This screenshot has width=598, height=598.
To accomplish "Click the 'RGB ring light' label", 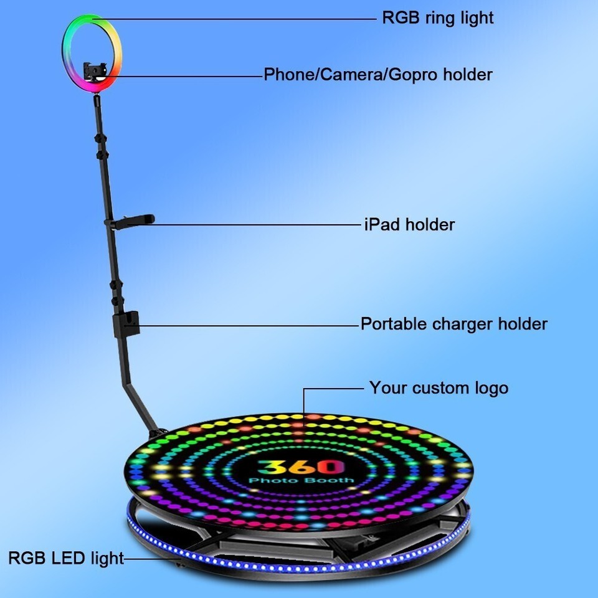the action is tap(438, 18).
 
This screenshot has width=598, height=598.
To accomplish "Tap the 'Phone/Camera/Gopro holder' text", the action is tap(378, 74).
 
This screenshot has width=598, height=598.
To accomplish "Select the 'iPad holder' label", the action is tap(409, 225).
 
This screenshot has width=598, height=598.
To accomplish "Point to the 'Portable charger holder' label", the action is tap(454, 324).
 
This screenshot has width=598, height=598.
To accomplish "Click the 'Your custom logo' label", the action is tap(439, 388).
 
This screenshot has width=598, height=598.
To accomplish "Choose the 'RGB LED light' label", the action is tap(66, 558).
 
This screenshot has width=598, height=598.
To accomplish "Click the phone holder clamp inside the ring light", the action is tap(95, 71).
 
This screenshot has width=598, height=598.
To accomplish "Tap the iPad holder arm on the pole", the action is tap(130, 222).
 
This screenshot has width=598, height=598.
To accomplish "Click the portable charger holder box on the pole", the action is tap(126, 324).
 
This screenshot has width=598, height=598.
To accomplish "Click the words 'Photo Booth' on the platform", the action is tap(301, 480).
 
